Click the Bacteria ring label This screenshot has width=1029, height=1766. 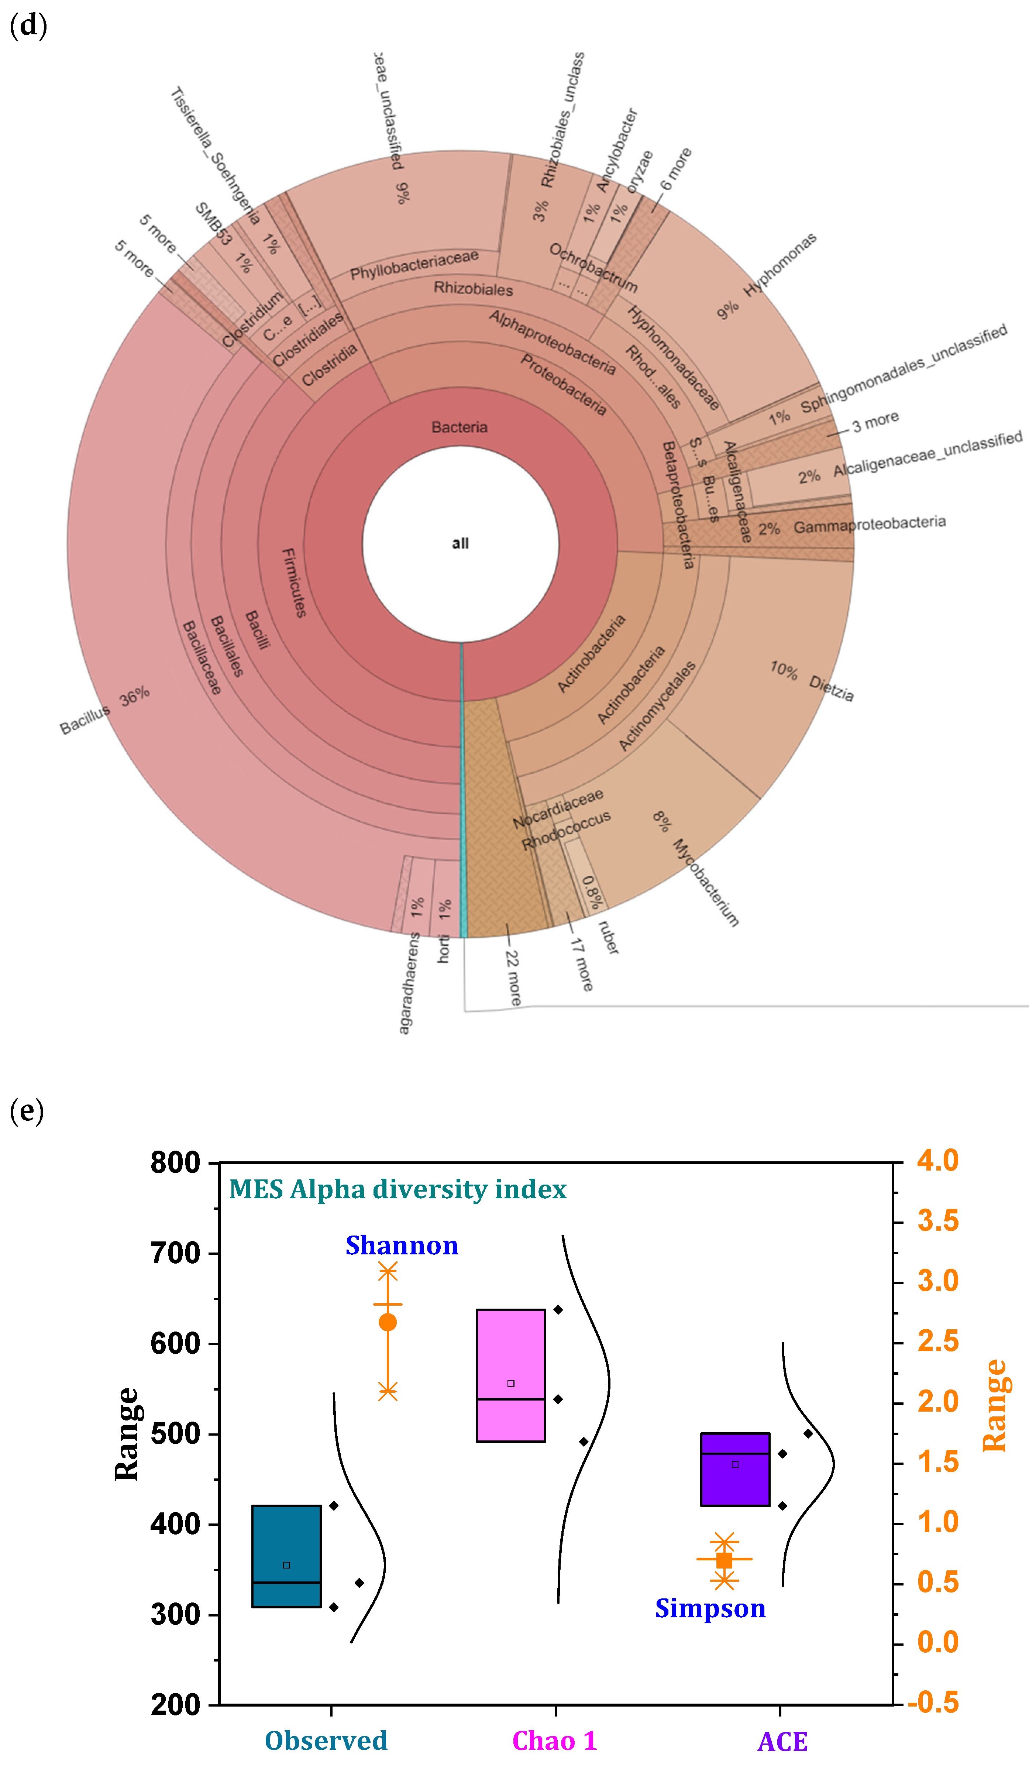click(x=460, y=427)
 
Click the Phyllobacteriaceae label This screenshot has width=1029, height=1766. click(x=415, y=265)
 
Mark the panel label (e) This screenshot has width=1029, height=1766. click(x=27, y=1111)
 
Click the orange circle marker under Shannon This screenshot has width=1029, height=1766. click(x=388, y=1322)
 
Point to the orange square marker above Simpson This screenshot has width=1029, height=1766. click(x=724, y=1561)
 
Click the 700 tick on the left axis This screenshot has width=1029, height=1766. click(x=175, y=1254)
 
